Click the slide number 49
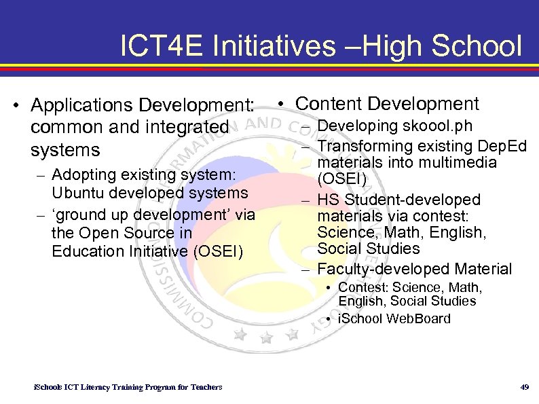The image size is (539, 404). coord(523,387)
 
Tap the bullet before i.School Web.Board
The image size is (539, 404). coord(328,319)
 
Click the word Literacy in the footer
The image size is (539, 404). coord(99,387)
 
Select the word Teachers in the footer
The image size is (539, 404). coord(206,387)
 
